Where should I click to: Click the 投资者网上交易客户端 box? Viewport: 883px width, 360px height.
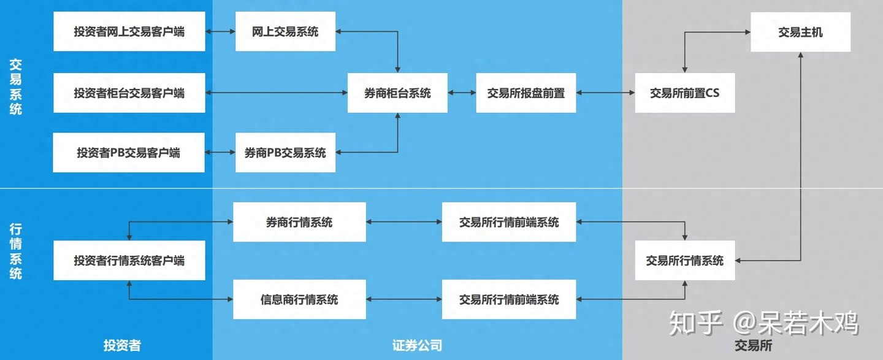pyautogui.click(x=129, y=31)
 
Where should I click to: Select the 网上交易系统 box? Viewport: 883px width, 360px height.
pyautogui.click(x=285, y=31)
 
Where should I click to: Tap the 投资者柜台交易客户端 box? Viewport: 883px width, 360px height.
pyautogui.click(x=129, y=93)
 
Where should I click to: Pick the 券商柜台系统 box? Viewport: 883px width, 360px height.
pyautogui.click(x=397, y=93)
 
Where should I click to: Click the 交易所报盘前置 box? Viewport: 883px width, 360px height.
pyautogui.click(x=526, y=93)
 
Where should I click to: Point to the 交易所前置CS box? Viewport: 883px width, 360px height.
pyautogui.click(x=684, y=93)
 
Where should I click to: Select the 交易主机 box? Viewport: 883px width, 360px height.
pyautogui.click(x=800, y=32)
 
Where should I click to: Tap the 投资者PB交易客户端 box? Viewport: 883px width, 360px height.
pyautogui.click(x=129, y=152)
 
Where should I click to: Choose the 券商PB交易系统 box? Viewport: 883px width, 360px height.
pyautogui.click(x=285, y=152)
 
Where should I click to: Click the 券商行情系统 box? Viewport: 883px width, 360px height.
pyautogui.click(x=299, y=222)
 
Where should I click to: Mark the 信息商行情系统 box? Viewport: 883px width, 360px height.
pyautogui.click(x=299, y=299)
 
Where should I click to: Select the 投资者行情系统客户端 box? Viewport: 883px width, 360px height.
pyautogui.click(x=129, y=261)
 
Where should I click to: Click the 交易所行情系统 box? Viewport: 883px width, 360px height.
pyautogui.click(x=684, y=261)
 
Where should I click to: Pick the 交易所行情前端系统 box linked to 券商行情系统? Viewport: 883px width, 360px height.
pyautogui.click(x=509, y=222)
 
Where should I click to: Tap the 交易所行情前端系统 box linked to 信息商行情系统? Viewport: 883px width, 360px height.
pyautogui.click(x=509, y=299)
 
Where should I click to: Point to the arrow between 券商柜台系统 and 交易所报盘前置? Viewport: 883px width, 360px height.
pyautogui.click(x=462, y=93)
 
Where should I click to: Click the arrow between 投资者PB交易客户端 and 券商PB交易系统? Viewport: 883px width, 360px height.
pyautogui.click(x=220, y=152)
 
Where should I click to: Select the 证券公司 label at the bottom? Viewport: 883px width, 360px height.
pyautogui.click(x=417, y=345)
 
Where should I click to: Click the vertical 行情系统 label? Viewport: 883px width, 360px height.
pyautogui.click(x=16, y=251)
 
